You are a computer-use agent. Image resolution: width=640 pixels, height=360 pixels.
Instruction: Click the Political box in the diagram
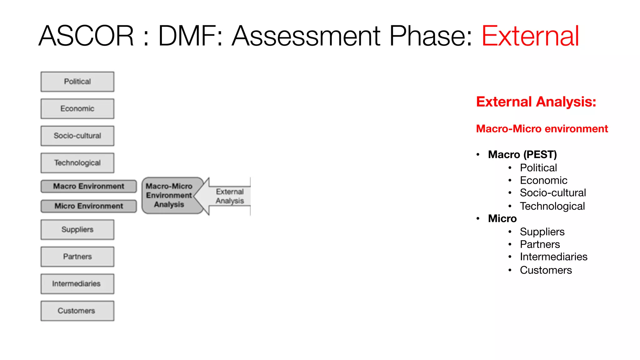pos(77,82)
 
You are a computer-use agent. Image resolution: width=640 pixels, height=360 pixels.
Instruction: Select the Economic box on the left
pos(77,109)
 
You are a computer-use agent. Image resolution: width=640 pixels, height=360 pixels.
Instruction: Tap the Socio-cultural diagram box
pos(77,136)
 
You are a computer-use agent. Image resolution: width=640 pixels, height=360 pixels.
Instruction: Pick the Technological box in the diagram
pos(77,163)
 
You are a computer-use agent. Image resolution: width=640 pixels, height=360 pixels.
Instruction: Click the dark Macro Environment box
pos(89,186)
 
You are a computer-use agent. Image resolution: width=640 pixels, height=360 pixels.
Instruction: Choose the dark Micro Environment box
pos(89,206)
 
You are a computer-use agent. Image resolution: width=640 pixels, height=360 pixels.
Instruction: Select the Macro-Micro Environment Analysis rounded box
pos(169,195)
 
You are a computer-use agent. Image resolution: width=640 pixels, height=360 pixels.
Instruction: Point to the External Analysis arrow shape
pos(229,196)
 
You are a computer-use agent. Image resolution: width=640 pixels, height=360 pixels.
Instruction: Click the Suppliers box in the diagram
pos(77,229)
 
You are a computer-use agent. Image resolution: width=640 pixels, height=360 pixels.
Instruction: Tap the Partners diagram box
pos(77,257)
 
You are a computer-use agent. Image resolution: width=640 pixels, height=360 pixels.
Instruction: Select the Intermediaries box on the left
pos(77,284)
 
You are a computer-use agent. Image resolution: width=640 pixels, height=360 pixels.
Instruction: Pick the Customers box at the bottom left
pos(77,311)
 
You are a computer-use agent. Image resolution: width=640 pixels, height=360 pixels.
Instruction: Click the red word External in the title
pos(530,36)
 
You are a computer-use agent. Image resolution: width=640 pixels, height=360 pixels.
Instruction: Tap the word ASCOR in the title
pos(86,36)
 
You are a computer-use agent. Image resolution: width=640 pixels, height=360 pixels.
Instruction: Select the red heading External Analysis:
pos(536,102)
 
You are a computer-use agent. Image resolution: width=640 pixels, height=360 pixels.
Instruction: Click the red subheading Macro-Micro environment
pos(542,129)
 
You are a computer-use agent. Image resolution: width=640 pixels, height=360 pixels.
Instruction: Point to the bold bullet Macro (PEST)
pos(522,154)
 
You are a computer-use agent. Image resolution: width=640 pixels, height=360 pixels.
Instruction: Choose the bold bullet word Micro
pos(502,218)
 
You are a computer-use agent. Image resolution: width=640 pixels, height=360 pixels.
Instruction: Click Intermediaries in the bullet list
pos(553,257)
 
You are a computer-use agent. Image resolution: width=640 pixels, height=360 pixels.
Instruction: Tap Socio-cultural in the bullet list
pos(552,193)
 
